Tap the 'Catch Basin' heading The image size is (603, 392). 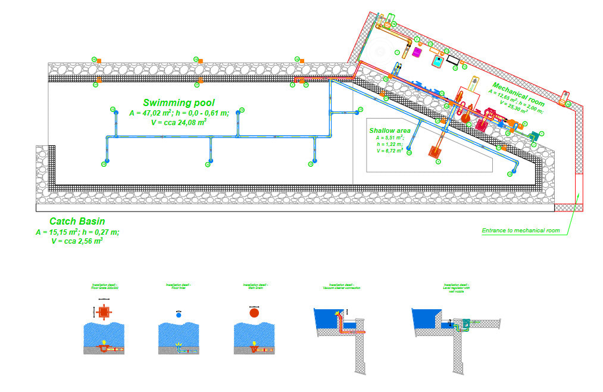point(77,221)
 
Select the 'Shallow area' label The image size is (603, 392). point(390,130)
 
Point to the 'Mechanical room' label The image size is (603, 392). point(517,94)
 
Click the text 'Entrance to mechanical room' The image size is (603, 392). point(520,230)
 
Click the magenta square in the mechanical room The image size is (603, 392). point(417,53)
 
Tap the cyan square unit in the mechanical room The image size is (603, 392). point(438,60)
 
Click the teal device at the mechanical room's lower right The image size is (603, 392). point(535,136)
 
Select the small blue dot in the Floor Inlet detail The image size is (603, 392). point(178,314)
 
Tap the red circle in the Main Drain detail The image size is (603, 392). point(254,313)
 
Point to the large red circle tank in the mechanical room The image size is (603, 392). point(465,118)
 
